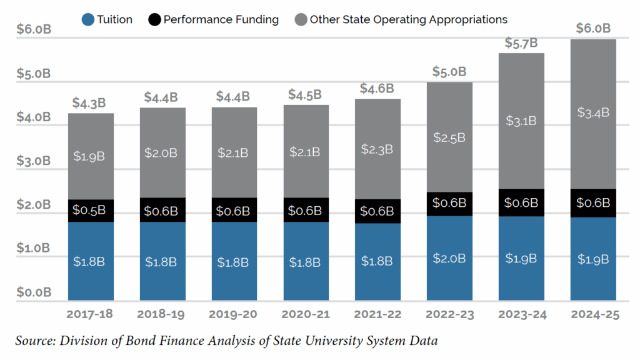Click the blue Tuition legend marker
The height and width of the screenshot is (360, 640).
[x=88, y=20]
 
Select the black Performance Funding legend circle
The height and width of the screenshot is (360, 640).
[x=154, y=20]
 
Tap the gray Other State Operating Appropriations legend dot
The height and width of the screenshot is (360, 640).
[x=301, y=20]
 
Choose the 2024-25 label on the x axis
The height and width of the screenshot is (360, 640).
[x=594, y=314]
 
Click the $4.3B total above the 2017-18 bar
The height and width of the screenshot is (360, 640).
[x=89, y=102]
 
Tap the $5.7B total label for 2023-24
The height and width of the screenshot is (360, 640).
[x=521, y=43]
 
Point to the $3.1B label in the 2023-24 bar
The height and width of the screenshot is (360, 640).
[x=521, y=121]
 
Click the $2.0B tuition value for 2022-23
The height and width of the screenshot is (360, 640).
[x=449, y=258]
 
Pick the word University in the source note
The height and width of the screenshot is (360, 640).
[x=302, y=341]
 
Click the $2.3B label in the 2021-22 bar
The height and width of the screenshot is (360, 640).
[x=377, y=149]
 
